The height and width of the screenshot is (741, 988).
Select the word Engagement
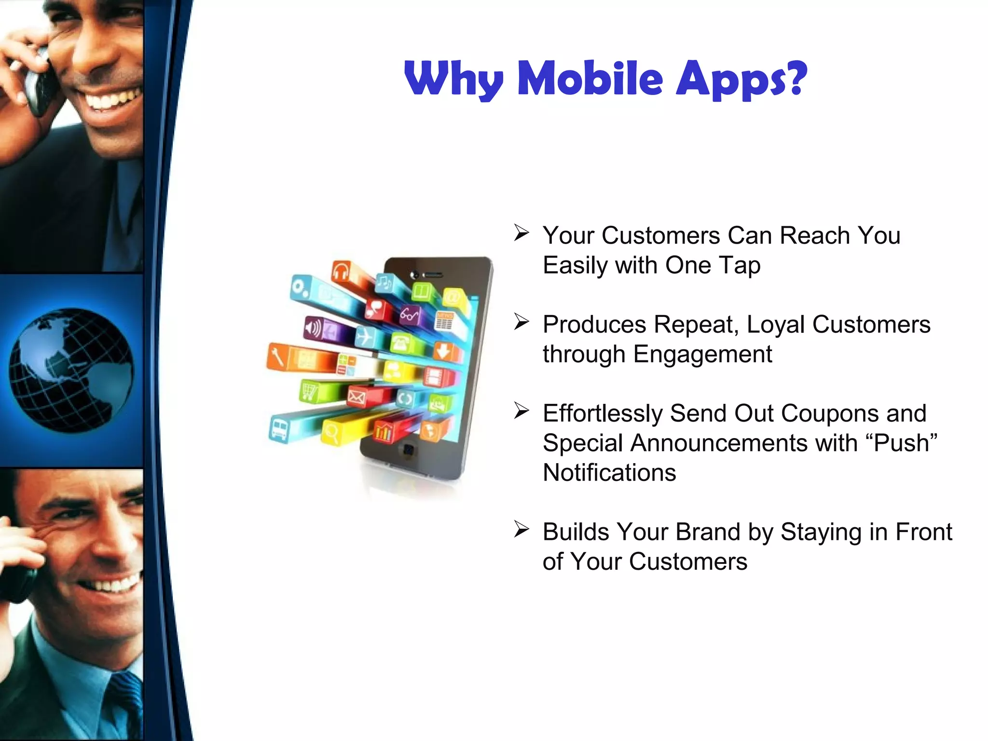pyautogui.click(x=702, y=355)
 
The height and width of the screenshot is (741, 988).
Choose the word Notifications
pyautogui.click(x=609, y=473)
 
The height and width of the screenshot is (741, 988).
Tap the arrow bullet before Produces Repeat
pyautogui.click(x=521, y=322)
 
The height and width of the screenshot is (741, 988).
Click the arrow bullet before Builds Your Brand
pyautogui.click(x=521, y=530)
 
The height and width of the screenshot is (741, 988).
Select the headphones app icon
pyautogui.click(x=341, y=272)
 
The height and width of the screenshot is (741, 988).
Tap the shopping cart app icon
pyautogui.click(x=309, y=391)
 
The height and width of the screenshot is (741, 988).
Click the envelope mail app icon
pyautogui.click(x=357, y=398)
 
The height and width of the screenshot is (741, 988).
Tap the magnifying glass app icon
pyautogui.click(x=331, y=433)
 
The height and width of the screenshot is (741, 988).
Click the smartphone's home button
pyautogui.click(x=409, y=451)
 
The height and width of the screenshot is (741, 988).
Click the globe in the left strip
pyautogui.click(x=71, y=370)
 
